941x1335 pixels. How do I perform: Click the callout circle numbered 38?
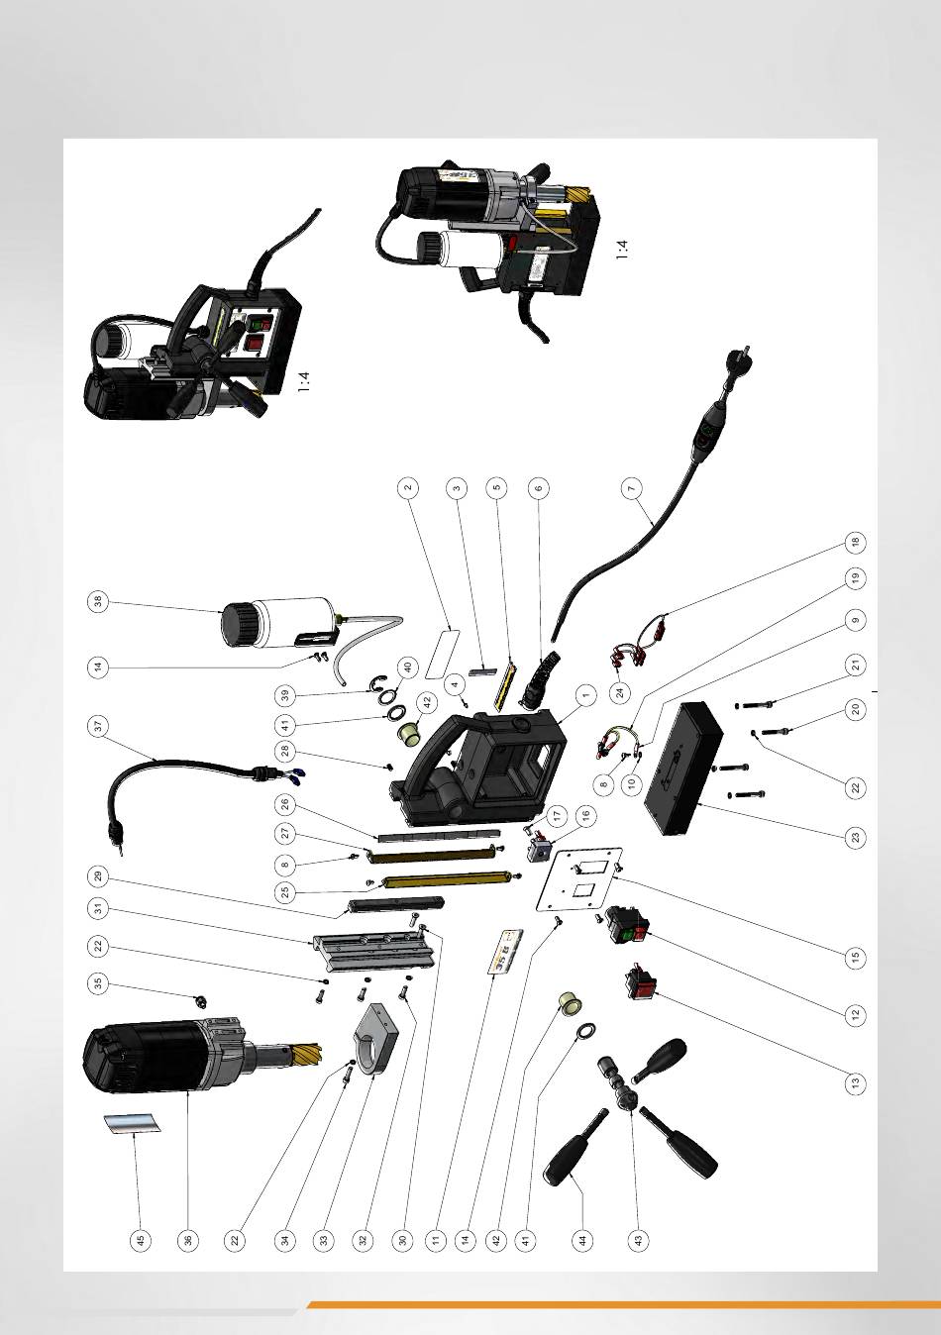[x=98, y=602]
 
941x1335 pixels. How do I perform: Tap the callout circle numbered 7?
[x=631, y=488]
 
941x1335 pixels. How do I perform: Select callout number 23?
[x=855, y=838]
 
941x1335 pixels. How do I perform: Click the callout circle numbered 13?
[x=855, y=1081]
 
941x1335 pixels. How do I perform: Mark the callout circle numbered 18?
[x=855, y=543]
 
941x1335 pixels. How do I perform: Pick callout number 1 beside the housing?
[x=586, y=695]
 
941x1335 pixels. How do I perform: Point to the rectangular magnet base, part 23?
[x=684, y=769]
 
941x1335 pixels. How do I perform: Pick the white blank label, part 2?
[x=443, y=653]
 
